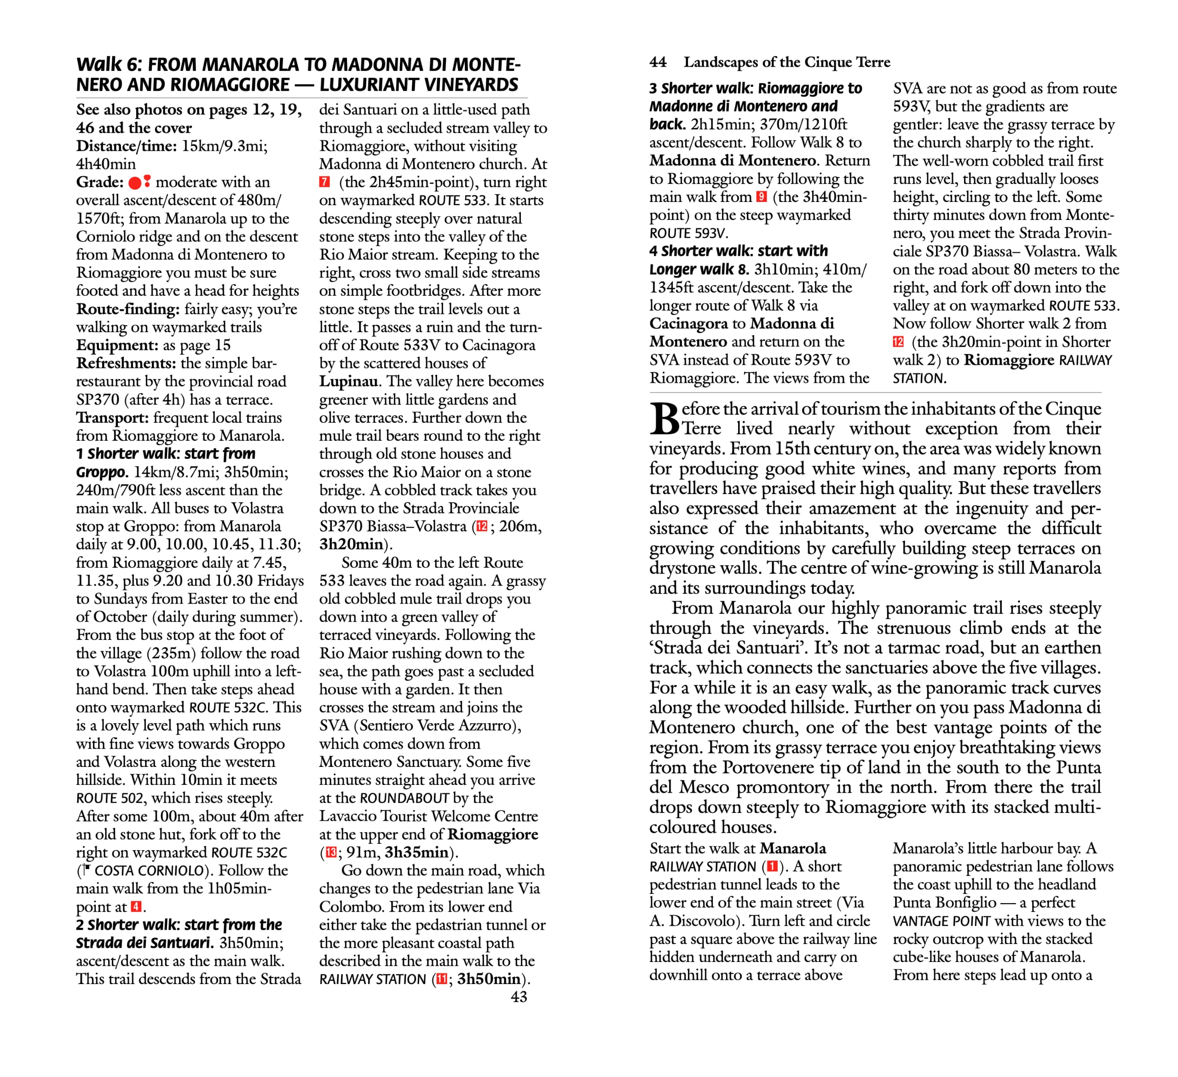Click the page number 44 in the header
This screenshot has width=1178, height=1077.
[x=658, y=62]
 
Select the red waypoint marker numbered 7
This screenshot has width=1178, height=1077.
[x=325, y=182]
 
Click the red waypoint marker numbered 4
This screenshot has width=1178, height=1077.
[x=136, y=906]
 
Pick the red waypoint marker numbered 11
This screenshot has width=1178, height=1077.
[x=442, y=979]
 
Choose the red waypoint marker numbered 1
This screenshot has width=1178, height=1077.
[x=772, y=866]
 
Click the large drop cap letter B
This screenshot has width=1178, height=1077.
[x=664, y=420]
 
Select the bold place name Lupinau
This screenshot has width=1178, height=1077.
[x=348, y=381]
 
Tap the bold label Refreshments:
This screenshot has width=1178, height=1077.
[x=126, y=363]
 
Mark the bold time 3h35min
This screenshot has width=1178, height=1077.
[x=416, y=852]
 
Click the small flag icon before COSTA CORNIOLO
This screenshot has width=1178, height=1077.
[x=87, y=870]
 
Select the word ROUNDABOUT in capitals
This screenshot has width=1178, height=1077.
[x=404, y=798]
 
